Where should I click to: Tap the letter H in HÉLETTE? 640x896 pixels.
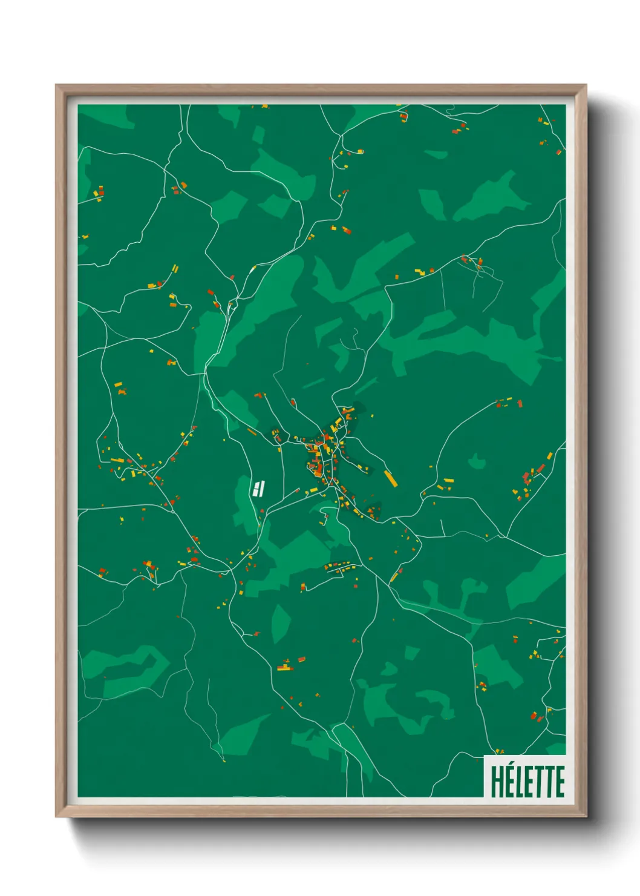pyautogui.click(x=497, y=782)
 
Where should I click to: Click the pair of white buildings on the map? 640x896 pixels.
pyautogui.click(x=260, y=487)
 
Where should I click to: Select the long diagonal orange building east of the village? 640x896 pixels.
pyautogui.click(x=390, y=478)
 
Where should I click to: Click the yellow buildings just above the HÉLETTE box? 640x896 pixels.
pyautogui.click(x=498, y=751)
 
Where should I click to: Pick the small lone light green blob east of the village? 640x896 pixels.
pyautogui.click(x=477, y=462)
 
